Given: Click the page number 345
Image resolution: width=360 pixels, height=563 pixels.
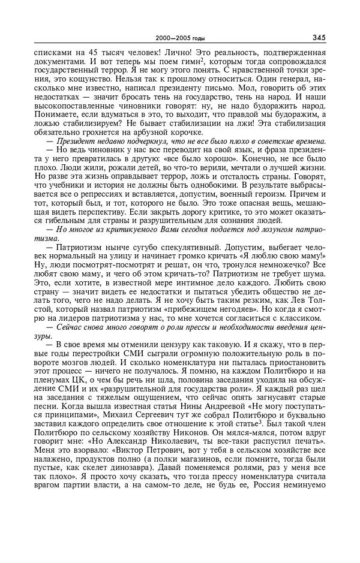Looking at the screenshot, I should [x=319, y=37].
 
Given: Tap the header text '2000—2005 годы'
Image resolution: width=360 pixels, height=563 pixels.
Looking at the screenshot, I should [x=180, y=38].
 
